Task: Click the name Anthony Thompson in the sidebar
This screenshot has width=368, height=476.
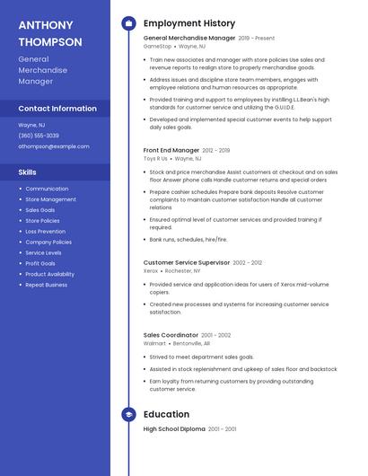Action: (x=50, y=33)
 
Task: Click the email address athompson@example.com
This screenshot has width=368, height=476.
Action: (x=54, y=145)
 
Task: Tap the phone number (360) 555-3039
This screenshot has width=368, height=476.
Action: (x=39, y=136)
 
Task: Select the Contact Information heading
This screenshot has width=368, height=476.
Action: (x=57, y=109)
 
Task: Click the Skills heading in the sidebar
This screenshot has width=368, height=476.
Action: (x=28, y=172)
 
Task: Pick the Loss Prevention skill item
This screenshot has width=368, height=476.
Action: (x=46, y=231)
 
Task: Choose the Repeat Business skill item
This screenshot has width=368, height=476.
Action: (x=47, y=285)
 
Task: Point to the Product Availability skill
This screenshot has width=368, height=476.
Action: (x=50, y=274)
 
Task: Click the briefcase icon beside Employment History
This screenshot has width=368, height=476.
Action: (x=128, y=23)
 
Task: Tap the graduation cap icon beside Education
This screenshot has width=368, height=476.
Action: (x=128, y=414)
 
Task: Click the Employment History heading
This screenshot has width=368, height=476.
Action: (x=189, y=23)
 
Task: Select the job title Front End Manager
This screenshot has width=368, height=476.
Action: (x=171, y=150)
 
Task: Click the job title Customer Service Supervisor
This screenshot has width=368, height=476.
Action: (x=187, y=262)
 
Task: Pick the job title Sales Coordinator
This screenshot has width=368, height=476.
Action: (x=171, y=335)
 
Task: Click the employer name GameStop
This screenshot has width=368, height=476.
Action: (x=157, y=46)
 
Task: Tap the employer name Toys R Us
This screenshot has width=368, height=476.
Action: (x=156, y=158)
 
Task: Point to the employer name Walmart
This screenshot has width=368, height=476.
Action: (x=154, y=343)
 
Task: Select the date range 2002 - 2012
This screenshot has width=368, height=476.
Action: (x=248, y=262)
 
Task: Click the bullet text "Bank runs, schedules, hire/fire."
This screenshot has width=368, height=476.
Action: (x=188, y=240)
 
